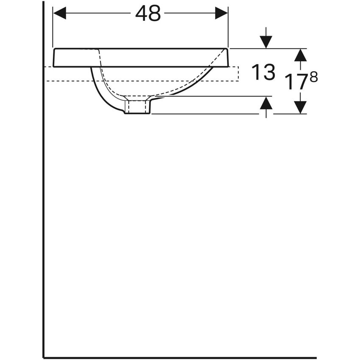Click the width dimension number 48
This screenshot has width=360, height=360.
point(148,14)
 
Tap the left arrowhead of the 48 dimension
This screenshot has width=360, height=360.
point(60,14)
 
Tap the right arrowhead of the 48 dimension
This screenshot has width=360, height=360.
point(222,14)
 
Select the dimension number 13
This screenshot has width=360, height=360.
point(263,72)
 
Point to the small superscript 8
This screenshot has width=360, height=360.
point(314,77)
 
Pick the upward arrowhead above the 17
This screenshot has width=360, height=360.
point(300,55)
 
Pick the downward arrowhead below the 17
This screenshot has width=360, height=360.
point(300,107)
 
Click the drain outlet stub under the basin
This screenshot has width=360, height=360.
point(138,106)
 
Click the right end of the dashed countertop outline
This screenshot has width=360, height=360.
point(238,74)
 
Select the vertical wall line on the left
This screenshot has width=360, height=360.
point(43,212)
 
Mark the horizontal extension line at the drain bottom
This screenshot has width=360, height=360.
point(203,114)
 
